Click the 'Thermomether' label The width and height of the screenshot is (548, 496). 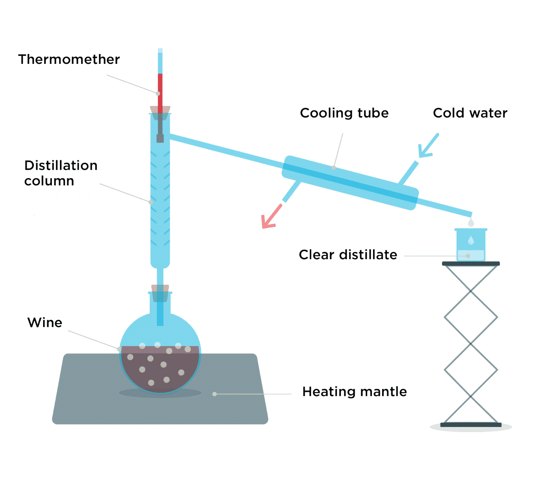pyautogui.click(x=69, y=59)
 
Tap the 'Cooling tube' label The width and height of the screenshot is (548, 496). pyautogui.click(x=344, y=113)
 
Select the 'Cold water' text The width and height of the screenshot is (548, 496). pyautogui.click(x=470, y=113)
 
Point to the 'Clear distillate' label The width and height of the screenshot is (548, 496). pyautogui.click(x=348, y=255)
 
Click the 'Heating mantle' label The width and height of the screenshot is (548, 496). pyautogui.click(x=354, y=392)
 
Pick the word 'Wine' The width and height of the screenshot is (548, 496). pyautogui.click(x=45, y=323)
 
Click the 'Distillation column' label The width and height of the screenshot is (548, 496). pyautogui.click(x=61, y=173)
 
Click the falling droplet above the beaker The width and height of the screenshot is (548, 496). pyautogui.click(x=471, y=222)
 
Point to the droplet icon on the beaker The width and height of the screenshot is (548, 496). pyautogui.click(x=471, y=240)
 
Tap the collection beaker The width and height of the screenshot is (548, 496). pyautogui.click(x=471, y=245)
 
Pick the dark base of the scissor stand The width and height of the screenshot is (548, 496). pyautogui.click(x=471, y=425)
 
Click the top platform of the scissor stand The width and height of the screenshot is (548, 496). pyautogui.click(x=471, y=264)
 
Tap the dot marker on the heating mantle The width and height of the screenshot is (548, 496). pyautogui.click(x=215, y=394)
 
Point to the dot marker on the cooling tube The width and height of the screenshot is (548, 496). pyautogui.click(x=333, y=168)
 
